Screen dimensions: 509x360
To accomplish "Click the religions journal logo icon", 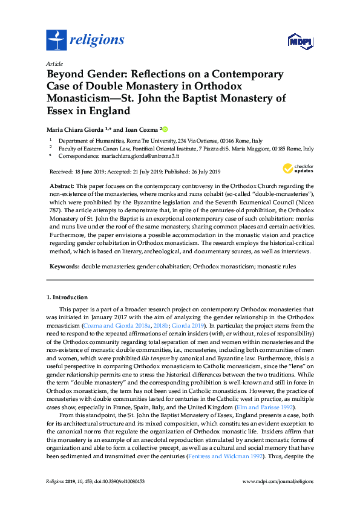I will coord(56,41).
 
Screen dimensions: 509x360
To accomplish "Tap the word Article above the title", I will coord(54,63).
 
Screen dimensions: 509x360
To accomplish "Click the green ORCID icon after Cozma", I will coord(165,129).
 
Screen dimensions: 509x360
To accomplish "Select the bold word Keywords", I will coord(63,266).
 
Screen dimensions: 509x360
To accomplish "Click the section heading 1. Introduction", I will coord(67,297).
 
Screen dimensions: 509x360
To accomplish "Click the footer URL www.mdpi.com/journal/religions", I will coord(277,481).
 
